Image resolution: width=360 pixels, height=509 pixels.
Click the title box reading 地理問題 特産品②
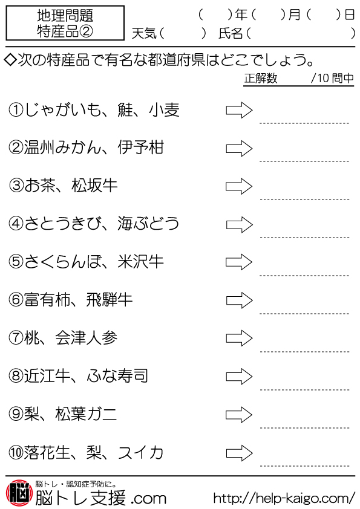(65, 23)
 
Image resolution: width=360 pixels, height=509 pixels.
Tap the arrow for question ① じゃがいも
(239, 111)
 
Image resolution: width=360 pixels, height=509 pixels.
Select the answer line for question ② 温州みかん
(304, 161)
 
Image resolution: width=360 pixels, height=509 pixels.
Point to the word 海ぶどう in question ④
(148, 224)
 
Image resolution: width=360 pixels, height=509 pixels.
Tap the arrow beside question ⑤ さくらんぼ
(239, 262)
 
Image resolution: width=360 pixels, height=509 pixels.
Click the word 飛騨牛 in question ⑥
(109, 300)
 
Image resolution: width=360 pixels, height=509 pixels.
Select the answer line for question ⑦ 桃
(304, 352)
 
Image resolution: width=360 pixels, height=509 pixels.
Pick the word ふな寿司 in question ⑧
(117, 376)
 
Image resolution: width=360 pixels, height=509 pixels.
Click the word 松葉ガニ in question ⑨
(86, 414)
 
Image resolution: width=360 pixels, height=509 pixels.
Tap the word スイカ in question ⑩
(140, 452)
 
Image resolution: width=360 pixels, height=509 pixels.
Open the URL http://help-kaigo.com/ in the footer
(284, 498)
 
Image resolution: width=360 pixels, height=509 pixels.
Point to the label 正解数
(261, 78)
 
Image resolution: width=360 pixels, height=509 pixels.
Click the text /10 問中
(332, 78)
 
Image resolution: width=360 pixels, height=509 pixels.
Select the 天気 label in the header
(144, 33)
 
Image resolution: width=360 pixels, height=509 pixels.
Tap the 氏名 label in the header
(231, 33)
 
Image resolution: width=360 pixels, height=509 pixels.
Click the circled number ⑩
(16, 453)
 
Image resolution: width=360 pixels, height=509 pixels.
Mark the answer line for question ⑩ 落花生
(304, 466)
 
